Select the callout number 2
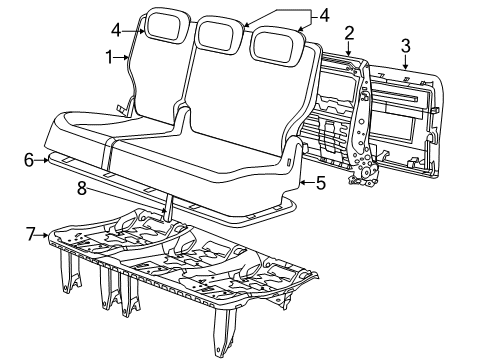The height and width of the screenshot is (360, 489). [x=349, y=33]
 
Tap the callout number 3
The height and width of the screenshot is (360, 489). [x=405, y=44]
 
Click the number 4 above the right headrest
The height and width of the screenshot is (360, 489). [x=324, y=15]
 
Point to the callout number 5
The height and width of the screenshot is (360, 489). [x=320, y=183]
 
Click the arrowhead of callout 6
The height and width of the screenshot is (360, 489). [x=47, y=161]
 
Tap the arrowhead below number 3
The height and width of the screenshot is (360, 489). [x=406, y=62]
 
